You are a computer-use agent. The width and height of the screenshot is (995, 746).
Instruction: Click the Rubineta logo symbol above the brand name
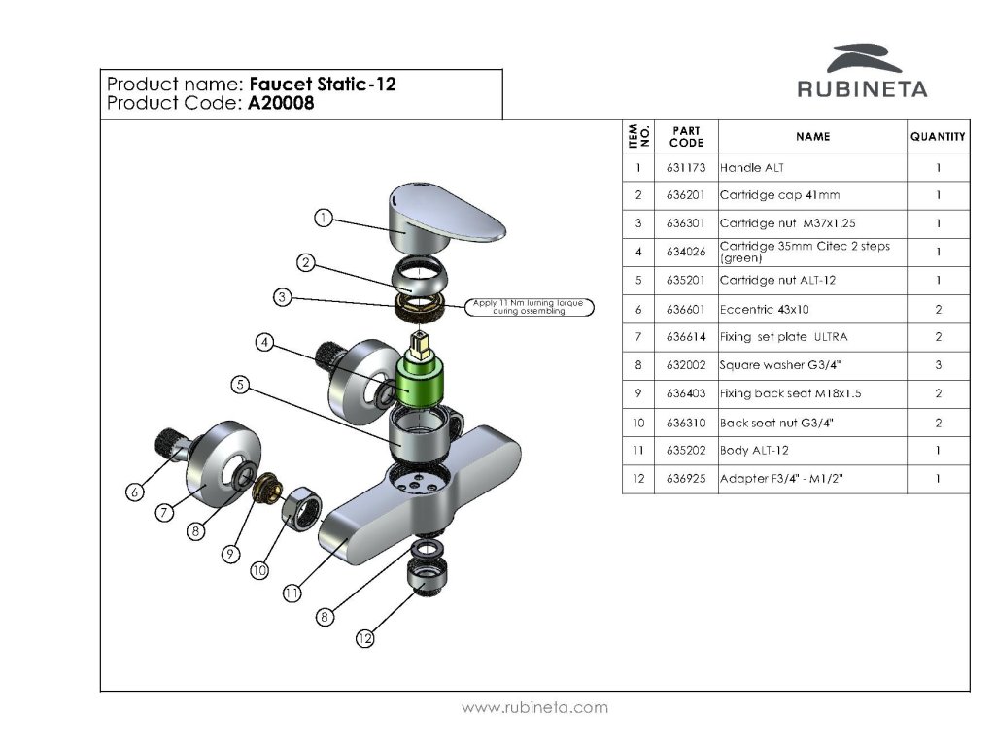coord(864,58)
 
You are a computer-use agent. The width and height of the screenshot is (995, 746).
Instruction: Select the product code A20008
coord(281,103)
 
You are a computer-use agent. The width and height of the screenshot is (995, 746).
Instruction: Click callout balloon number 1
coord(324,219)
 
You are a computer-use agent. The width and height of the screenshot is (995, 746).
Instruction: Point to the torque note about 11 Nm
coord(530,307)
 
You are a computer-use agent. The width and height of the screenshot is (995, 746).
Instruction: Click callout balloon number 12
coord(365,639)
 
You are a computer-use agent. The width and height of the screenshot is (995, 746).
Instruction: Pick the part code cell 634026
coord(686,252)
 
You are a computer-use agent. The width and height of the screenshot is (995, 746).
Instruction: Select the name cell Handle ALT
coord(752,168)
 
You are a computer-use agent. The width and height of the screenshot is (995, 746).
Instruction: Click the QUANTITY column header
coord(938,136)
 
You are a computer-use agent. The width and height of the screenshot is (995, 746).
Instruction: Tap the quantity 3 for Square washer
coord(939,365)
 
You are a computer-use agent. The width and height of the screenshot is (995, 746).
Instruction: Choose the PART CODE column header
coord(686,136)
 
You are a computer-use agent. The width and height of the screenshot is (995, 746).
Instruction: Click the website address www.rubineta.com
coord(535,707)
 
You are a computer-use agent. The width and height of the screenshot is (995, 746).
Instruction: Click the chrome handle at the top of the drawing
coord(445,216)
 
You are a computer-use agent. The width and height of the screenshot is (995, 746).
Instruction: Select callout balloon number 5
coord(240,385)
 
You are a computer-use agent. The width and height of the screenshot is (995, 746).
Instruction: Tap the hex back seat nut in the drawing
coord(301,508)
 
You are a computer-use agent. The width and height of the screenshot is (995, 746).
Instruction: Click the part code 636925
coord(686,479)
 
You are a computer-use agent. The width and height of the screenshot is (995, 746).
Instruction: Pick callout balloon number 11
coord(292,593)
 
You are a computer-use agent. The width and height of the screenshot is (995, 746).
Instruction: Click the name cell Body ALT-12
coord(754,451)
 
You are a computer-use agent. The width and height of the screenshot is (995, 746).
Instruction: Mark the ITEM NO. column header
coord(638,136)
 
